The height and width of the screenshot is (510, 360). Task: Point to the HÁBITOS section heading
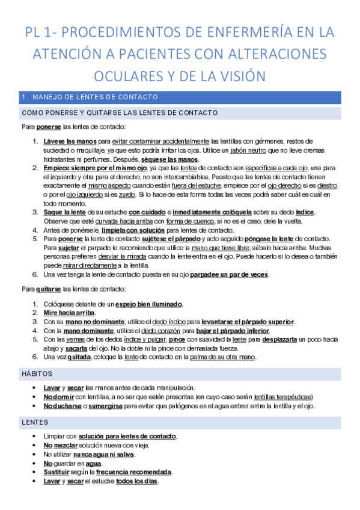click(37, 374)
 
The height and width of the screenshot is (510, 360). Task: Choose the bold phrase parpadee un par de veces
click(230, 275)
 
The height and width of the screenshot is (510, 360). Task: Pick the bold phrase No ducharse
click(64, 406)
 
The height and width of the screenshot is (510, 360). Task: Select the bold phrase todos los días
click(137, 481)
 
